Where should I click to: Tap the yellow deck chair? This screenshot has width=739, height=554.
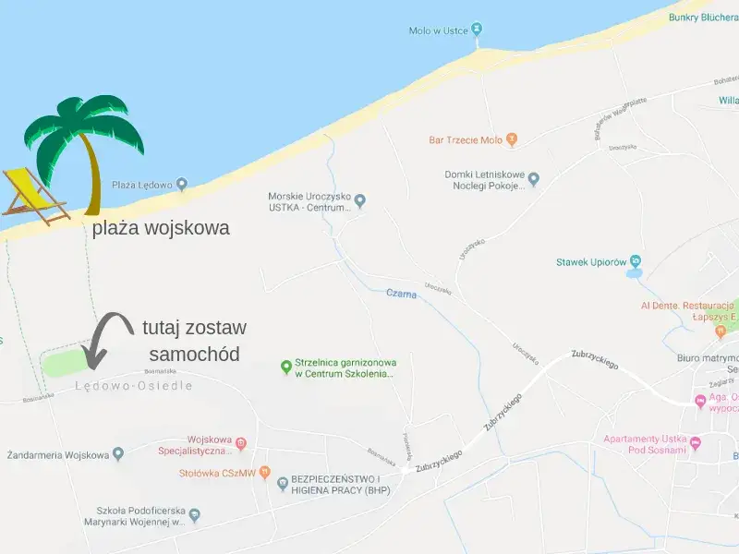37,196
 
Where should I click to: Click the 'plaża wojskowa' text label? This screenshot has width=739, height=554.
161,228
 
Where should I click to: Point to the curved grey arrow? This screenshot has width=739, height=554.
105,338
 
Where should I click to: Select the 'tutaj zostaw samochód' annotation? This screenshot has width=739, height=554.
194,341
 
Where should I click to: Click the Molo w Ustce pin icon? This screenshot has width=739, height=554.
477,30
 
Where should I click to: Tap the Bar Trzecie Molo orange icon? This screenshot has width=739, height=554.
513,140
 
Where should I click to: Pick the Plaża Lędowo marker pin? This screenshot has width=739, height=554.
182,185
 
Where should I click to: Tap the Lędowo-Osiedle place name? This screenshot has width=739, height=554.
133,386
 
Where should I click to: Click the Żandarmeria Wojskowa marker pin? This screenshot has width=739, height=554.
118,454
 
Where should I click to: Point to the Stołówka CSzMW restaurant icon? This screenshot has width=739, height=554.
264,474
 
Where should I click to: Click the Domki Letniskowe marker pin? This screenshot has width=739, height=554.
533,179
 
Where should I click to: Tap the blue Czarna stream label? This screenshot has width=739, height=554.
401,295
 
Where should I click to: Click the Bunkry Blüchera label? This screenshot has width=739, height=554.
709,16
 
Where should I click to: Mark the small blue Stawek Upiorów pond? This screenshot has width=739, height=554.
634,273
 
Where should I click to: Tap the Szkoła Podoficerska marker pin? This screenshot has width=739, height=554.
194,515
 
